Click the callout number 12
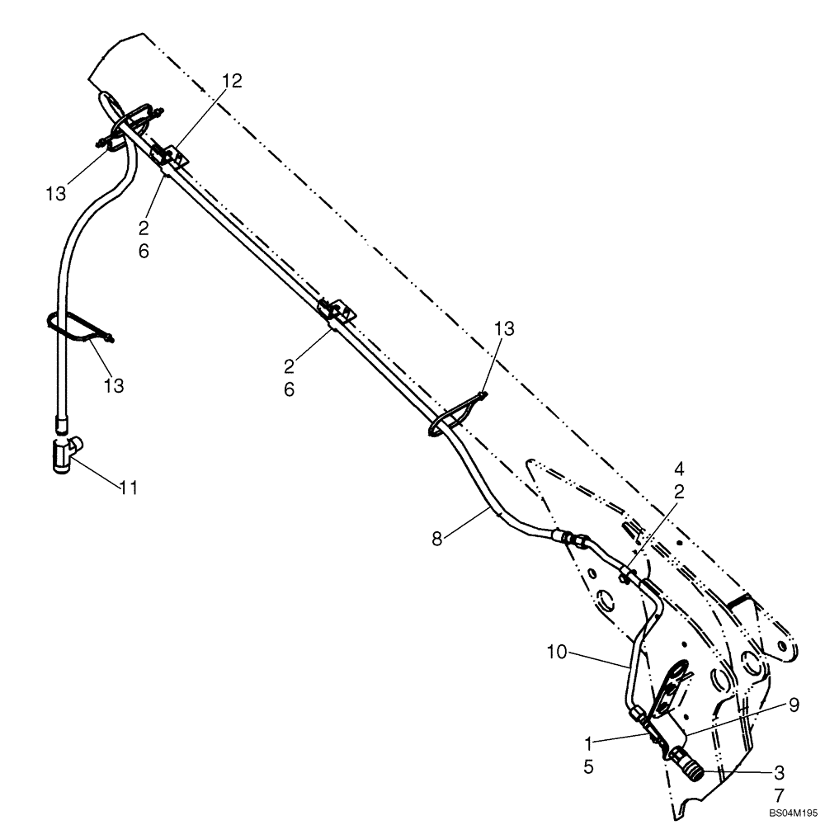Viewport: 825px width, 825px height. [x=232, y=81]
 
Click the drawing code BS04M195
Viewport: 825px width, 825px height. [x=791, y=813]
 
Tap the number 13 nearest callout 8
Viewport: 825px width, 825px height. [x=505, y=329]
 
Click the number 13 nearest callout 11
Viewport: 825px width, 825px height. [x=115, y=384]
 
